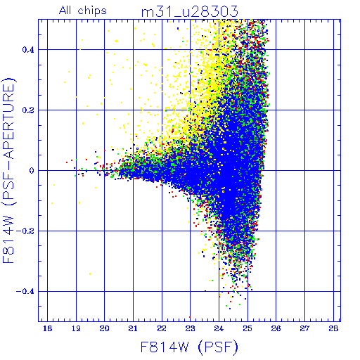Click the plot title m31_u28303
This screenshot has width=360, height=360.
coord(190,12)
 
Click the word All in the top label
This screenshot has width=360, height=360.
coord(65,11)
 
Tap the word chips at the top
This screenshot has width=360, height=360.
coord(92,11)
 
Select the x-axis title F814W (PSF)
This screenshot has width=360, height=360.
coord(189,347)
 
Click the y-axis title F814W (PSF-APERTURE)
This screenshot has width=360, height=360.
coord(9,170)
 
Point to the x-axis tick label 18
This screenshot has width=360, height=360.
coord(47,328)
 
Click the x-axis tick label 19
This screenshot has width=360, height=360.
coord(76,328)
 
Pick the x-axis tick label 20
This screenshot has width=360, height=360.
coord(104,328)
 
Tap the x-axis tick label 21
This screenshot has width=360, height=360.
coord(133,328)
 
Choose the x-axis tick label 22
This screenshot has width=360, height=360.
coord(162,328)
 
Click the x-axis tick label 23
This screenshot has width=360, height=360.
coord(190,328)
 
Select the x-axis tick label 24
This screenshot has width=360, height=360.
coord(219,328)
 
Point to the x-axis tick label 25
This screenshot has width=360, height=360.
coord(247,328)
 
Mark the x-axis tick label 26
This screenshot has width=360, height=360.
coord(276,328)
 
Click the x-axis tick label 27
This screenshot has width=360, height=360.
coord(304,328)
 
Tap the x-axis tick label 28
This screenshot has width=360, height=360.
coord(333,328)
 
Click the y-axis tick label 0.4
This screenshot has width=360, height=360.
coord(28,50)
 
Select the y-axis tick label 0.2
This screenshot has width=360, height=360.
coord(28,110)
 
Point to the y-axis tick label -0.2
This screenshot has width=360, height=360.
coord(25,231)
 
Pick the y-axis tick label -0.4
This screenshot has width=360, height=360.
coord(25,292)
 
